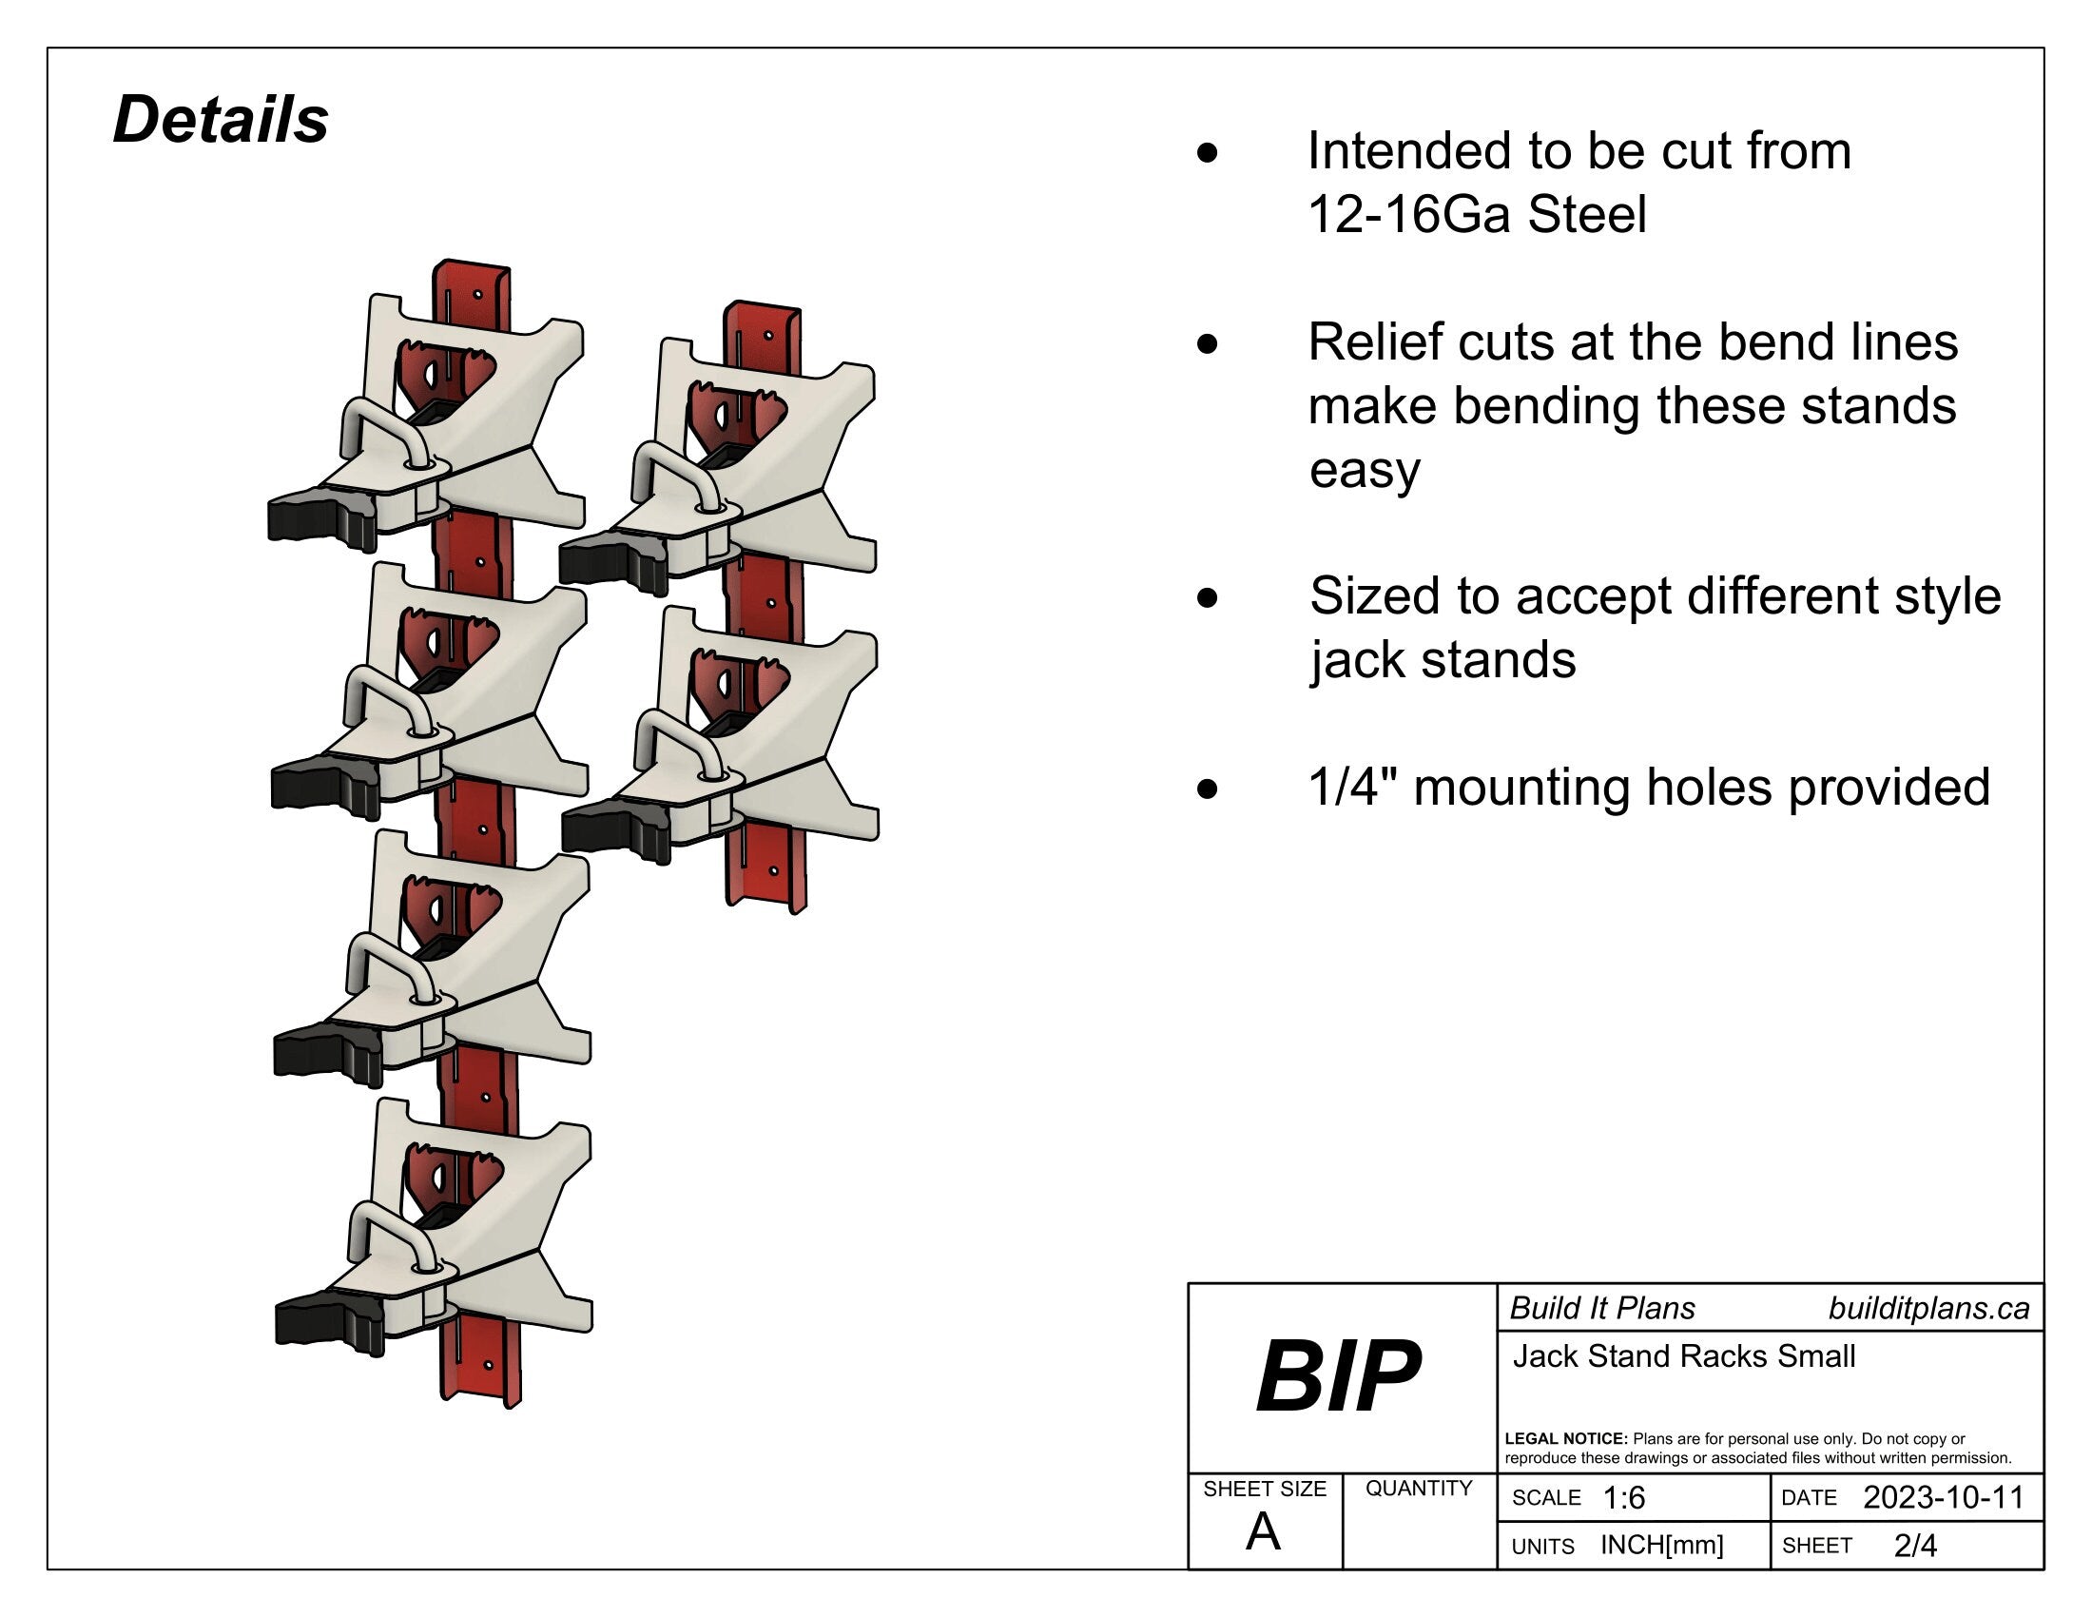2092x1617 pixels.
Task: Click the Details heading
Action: (x=221, y=120)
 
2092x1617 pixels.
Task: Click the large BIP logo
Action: (x=1338, y=1376)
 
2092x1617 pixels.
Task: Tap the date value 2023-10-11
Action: (x=1943, y=1497)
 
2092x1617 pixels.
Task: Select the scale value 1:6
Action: (x=1623, y=1498)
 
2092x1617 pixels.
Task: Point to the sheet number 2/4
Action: (x=1915, y=1545)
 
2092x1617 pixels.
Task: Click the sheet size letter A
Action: (x=1263, y=1531)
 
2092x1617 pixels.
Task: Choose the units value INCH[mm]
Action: (x=1661, y=1545)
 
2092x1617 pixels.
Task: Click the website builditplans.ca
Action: (x=1928, y=1309)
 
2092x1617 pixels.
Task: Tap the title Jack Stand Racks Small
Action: (x=1683, y=1356)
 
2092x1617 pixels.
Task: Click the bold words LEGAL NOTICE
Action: (x=1565, y=1439)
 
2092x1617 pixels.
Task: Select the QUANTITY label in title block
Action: (x=1418, y=1488)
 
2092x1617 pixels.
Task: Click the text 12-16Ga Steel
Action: (x=1477, y=214)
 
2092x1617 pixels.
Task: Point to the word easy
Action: (x=1364, y=469)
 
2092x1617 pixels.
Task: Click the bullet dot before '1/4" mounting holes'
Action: (x=1208, y=789)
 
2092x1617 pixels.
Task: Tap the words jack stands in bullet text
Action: (x=1443, y=660)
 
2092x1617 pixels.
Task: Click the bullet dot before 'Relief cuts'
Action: (x=1208, y=344)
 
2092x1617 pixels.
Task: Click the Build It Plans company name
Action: (x=1601, y=1309)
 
